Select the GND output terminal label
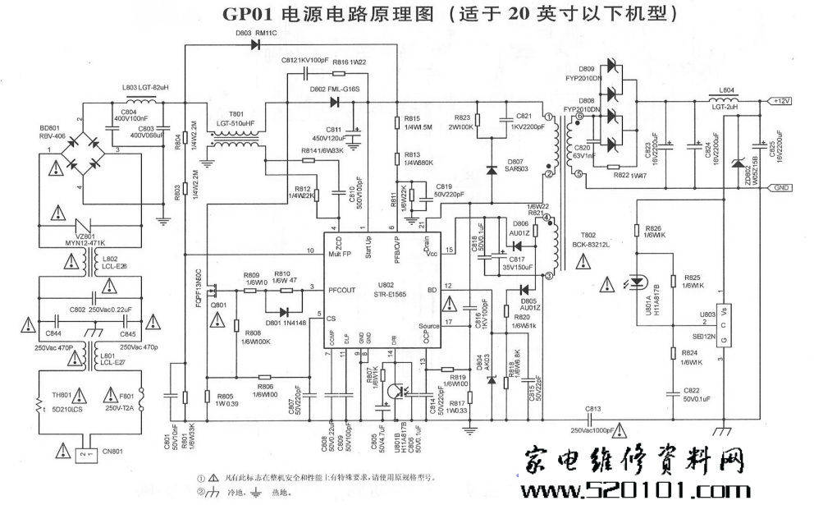pyautogui.click(x=782, y=188)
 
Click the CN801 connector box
pyautogui.click(x=82, y=452)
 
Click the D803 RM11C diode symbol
pyautogui.click(x=254, y=44)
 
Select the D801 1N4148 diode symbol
pyautogui.click(x=284, y=312)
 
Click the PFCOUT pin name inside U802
pyautogui.click(x=345, y=289)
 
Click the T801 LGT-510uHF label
pyautogui.click(x=236, y=119)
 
